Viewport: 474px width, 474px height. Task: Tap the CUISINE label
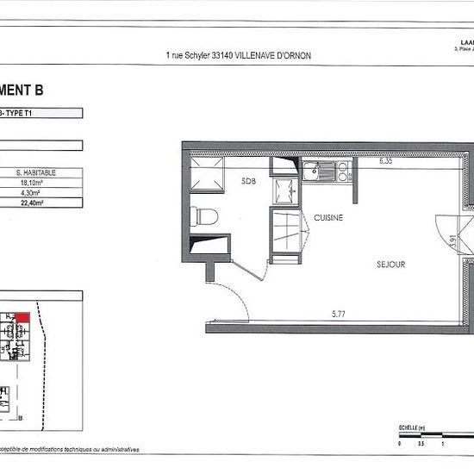coord(328,218)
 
